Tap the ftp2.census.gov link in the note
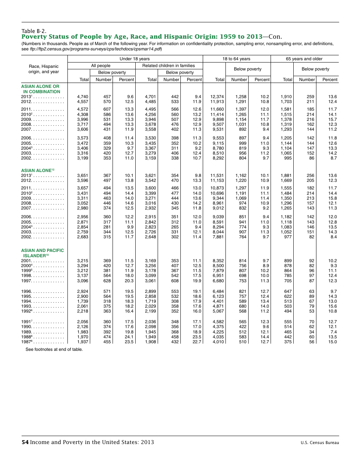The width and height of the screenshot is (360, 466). click(96, 49)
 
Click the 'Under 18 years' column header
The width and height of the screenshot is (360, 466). click(135, 59)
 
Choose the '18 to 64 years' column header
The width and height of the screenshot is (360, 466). click(236, 59)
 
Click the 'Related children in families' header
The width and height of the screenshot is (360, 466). click(168, 66)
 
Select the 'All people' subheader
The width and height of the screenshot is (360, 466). click(101, 66)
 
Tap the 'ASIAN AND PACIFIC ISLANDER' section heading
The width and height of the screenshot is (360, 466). click(42, 253)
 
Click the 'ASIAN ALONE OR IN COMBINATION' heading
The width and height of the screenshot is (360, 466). click(41, 89)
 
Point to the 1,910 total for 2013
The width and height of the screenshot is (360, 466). click(286, 97)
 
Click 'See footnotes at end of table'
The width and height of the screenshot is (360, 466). click(54, 349)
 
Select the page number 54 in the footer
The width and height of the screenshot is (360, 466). click(25, 442)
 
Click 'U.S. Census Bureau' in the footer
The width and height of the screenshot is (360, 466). click(320, 443)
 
